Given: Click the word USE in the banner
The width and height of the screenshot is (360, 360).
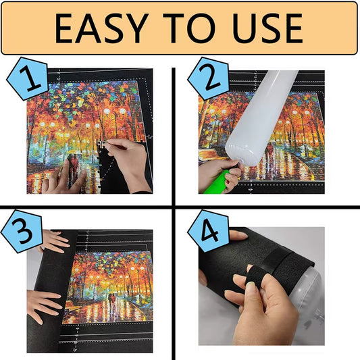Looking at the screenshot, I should tap(264, 28).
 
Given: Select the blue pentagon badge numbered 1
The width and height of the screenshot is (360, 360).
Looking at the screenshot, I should tap(24, 82).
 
